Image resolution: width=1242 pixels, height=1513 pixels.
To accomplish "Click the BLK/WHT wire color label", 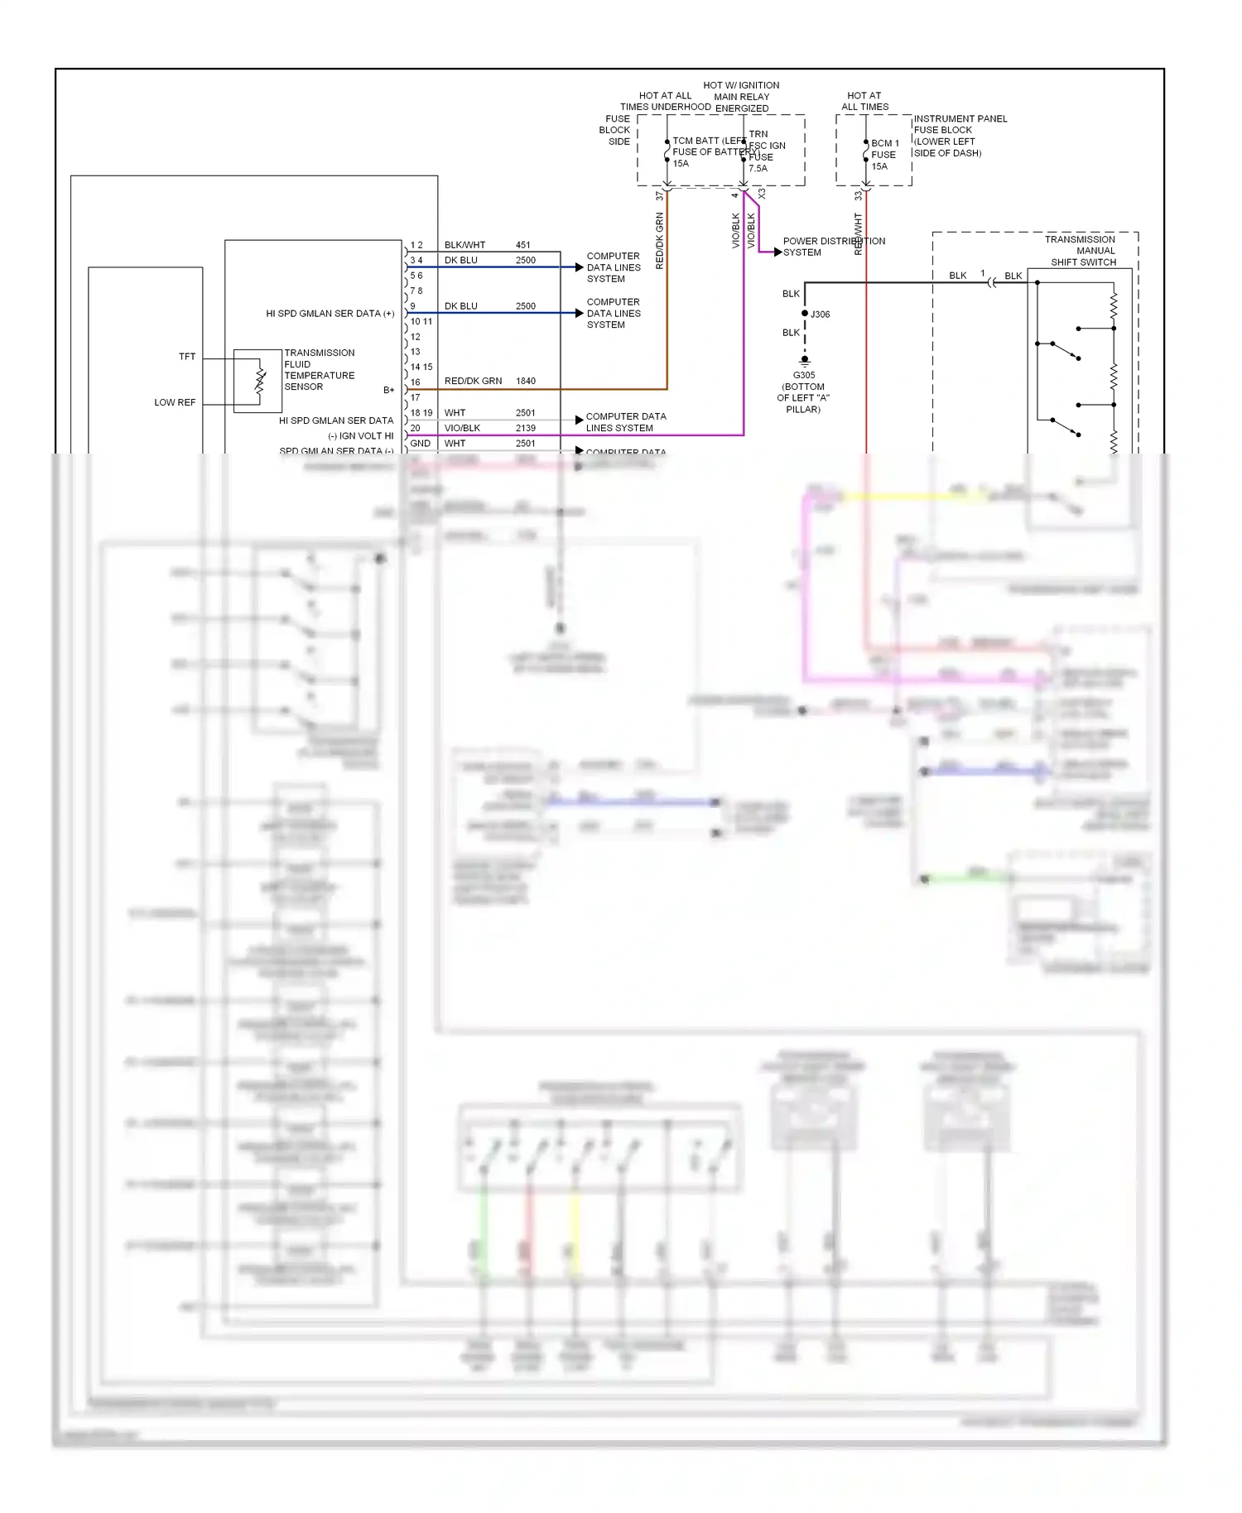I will (465, 245).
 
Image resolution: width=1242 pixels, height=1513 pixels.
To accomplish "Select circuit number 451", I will (522, 245).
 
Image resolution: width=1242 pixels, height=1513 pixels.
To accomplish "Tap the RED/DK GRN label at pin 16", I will (473, 381).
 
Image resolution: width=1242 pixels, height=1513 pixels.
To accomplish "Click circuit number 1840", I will (525, 381).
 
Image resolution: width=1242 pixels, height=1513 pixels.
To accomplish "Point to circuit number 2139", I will (525, 428).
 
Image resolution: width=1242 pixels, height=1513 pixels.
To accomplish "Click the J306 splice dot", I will (805, 314).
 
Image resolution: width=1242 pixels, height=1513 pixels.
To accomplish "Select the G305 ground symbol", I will (804, 361).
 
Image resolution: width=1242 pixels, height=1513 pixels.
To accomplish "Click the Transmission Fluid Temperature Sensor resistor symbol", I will (260, 380).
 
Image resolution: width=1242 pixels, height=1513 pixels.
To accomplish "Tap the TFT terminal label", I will (187, 357).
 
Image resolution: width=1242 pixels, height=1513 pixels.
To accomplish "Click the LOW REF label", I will (175, 402).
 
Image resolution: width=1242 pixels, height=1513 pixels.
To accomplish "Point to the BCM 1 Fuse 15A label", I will (884, 155).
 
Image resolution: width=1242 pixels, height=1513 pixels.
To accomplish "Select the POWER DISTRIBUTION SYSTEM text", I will (833, 247).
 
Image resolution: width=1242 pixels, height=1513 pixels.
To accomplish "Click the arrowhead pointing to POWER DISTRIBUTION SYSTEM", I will (777, 252).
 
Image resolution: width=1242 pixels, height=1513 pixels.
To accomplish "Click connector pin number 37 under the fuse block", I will (660, 196).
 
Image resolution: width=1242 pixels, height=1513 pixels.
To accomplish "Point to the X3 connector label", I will (762, 194).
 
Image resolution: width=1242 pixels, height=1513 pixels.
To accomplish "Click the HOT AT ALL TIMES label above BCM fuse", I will (864, 101).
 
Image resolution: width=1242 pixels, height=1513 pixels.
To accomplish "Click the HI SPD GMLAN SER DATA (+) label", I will (330, 314).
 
